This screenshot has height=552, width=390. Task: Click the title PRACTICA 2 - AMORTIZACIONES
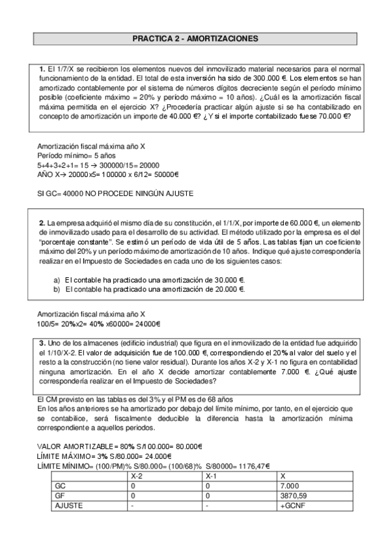pyautogui.click(x=195, y=39)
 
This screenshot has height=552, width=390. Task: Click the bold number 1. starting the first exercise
pyautogui.click(x=43, y=68)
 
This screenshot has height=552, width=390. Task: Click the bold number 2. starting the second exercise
pyautogui.click(x=42, y=223)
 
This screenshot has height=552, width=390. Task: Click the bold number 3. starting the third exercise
pyautogui.click(x=42, y=343)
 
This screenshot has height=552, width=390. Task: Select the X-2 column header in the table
pyautogui.click(x=137, y=476)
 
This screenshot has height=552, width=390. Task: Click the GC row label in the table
pyautogui.click(x=61, y=486)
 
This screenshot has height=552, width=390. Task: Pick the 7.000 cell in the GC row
pyautogui.click(x=287, y=486)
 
